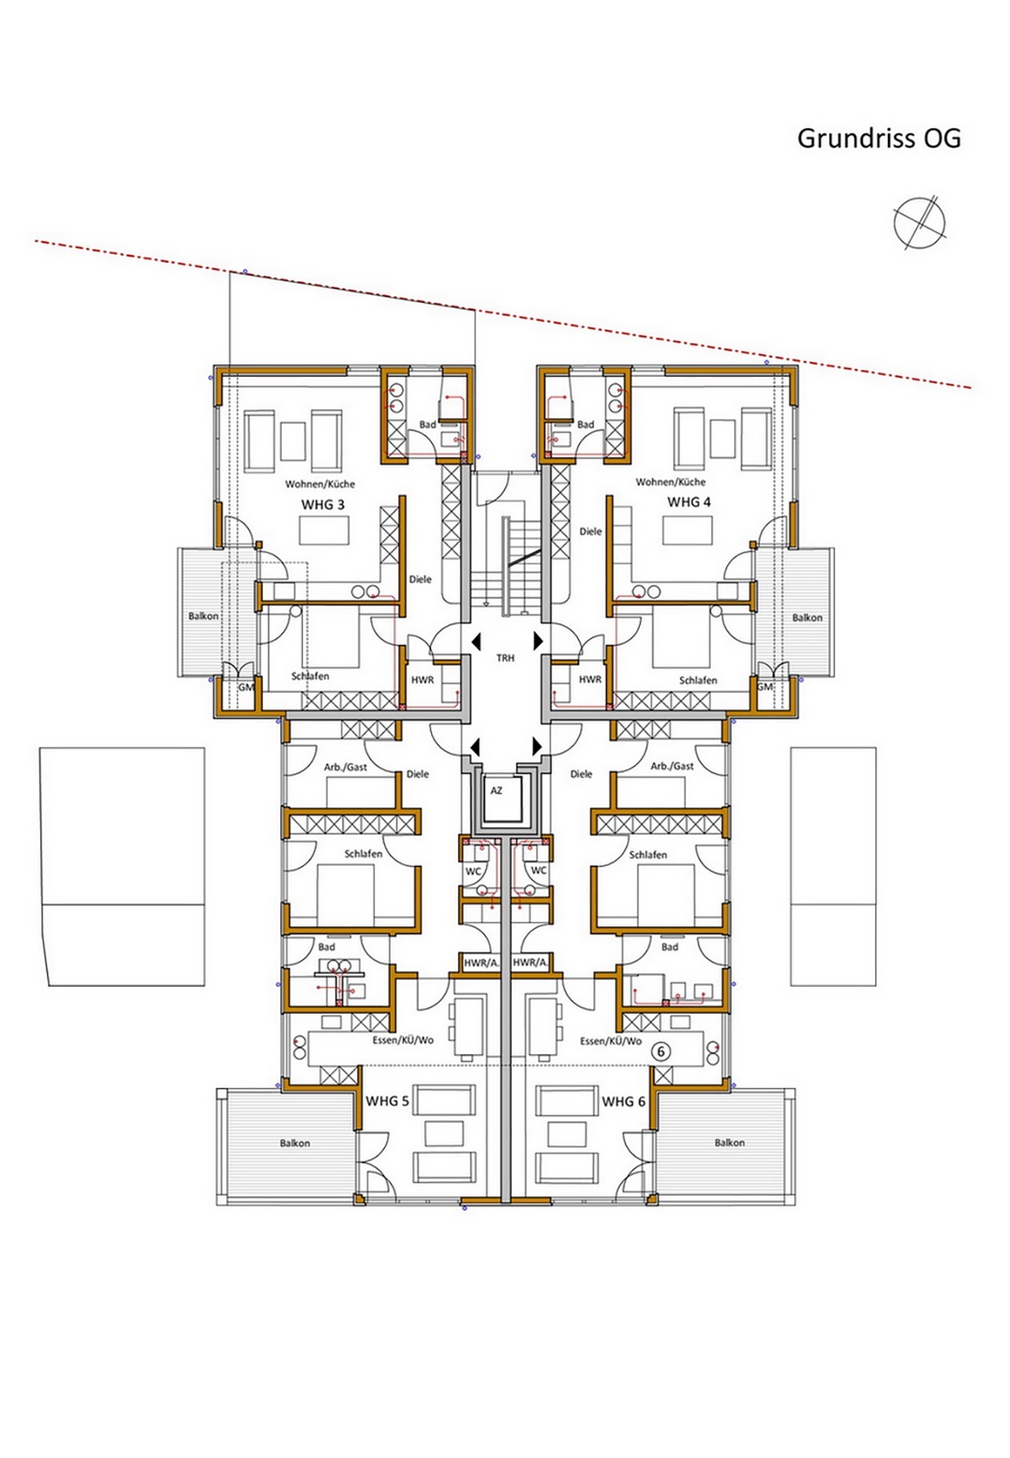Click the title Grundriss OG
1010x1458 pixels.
pyautogui.click(x=879, y=138)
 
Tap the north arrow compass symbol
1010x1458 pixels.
pyautogui.click(x=919, y=223)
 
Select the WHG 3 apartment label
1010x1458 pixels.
pyautogui.click(x=323, y=505)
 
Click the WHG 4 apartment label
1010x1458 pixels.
pyautogui.click(x=688, y=502)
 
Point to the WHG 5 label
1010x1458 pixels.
pyautogui.click(x=387, y=1101)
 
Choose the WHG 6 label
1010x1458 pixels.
pyautogui.click(x=624, y=1101)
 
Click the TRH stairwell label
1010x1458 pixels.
pyautogui.click(x=505, y=658)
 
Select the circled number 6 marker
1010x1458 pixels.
pyautogui.click(x=661, y=1052)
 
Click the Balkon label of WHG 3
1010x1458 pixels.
pyautogui.click(x=204, y=616)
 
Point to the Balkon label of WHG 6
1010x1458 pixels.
pyautogui.click(x=730, y=1143)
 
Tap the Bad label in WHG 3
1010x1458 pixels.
pyautogui.click(x=428, y=425)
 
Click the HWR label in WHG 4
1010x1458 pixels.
pyautogui.click(x=590, y=680)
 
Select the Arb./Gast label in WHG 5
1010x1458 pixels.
pyautogui.click(x=345, y=767)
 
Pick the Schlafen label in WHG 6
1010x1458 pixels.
pyautogui.click(x=648, y=855)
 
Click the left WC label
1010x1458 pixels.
pyautogui.click(x=473, y=872)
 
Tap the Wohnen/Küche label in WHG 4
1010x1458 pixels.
pyautogui.click(x=671, y=482)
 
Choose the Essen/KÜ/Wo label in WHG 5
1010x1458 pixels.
pyautogui.click(x=403, y=1041)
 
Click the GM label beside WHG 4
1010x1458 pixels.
pyautogui.click(x=764, y=687)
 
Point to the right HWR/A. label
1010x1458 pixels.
pyautogui.click(x=529, y=962)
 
